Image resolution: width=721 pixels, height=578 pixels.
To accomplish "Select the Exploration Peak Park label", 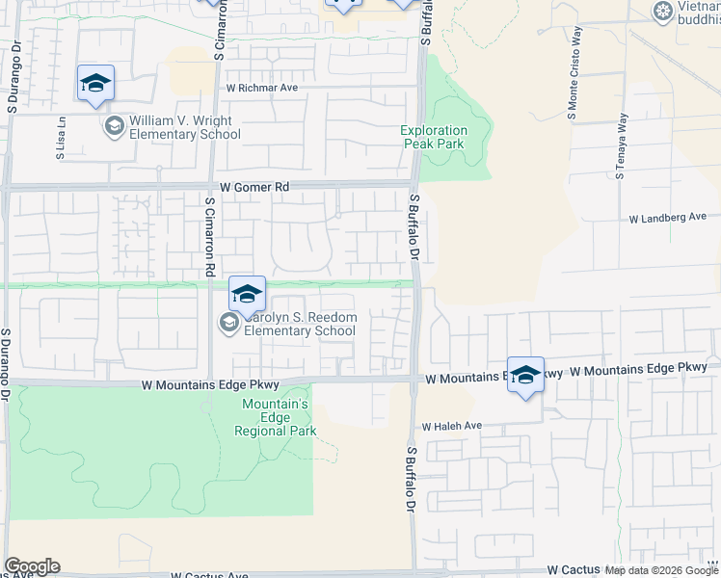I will (434, 138).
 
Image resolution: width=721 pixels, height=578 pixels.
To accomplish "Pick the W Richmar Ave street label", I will (262, 88).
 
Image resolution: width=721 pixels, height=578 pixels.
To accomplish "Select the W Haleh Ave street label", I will (450, 426).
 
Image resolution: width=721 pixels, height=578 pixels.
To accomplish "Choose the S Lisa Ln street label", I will (60, 139).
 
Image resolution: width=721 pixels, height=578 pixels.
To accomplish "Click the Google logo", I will (32, 566).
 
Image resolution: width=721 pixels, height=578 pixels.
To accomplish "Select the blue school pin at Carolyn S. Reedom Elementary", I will (247, 294).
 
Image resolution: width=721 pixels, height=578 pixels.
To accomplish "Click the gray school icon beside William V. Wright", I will (114, 127).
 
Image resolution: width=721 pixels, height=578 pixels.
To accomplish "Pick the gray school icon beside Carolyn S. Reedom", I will (229, 324).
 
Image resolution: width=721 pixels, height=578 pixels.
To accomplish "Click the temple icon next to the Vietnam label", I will (662, 12).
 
